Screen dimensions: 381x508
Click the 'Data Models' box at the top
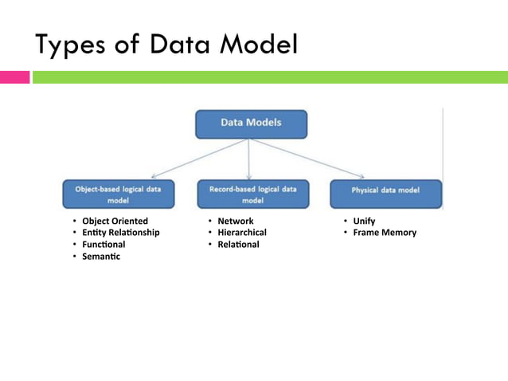point(250,124)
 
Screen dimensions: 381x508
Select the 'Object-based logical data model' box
point(118,194)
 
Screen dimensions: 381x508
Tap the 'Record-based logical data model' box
point(252,194)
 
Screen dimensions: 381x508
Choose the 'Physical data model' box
point(385,191)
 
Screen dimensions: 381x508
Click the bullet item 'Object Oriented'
point(115,221)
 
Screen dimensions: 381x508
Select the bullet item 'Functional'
point(104,245)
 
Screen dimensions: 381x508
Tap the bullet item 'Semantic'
point(101,257)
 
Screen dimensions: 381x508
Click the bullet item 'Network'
point(235,221)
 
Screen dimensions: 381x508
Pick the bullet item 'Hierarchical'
point(242,233)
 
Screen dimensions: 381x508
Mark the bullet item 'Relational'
point(238,245)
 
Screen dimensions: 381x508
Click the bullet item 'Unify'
point(364,221)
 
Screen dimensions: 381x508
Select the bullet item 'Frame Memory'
point(385,233)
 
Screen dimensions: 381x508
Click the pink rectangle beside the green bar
point(14,77)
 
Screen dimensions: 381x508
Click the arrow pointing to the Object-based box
point(199,158)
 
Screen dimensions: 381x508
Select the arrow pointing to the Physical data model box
point(311,158)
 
